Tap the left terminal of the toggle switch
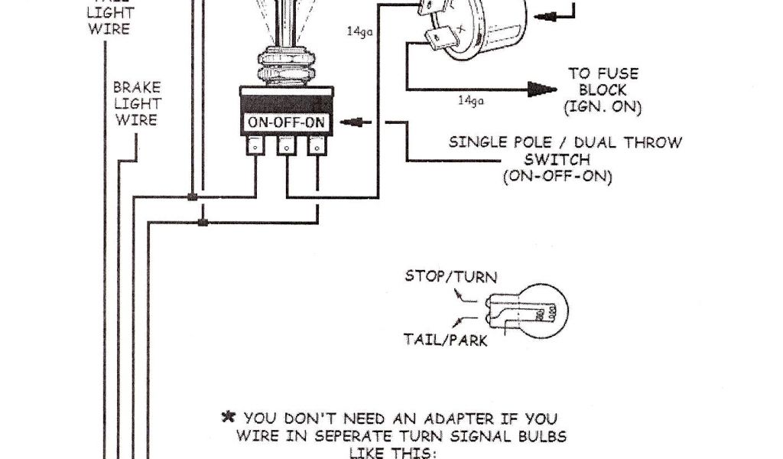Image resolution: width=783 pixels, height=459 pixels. click(255, 145)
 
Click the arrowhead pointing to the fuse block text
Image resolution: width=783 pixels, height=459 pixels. click(544, 90)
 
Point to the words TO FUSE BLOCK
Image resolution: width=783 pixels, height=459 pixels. click(603, 82)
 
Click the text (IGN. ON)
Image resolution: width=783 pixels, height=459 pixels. click(603, 108)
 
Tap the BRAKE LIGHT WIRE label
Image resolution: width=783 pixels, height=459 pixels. click(137, 103)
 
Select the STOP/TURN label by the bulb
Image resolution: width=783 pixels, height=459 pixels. click(451, 276)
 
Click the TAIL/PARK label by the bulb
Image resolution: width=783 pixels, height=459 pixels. click(446, 340)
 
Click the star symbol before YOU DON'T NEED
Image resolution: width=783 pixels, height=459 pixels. click(227, 418)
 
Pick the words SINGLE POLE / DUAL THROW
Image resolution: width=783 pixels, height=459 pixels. click(565, 142)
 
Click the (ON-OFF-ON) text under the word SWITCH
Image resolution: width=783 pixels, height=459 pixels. click(557, 177)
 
